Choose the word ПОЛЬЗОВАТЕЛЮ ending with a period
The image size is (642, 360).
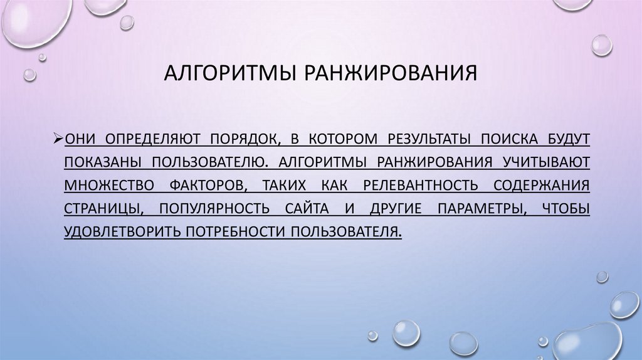pos(211,161)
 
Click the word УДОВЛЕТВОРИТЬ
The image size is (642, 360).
pos(122,231)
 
